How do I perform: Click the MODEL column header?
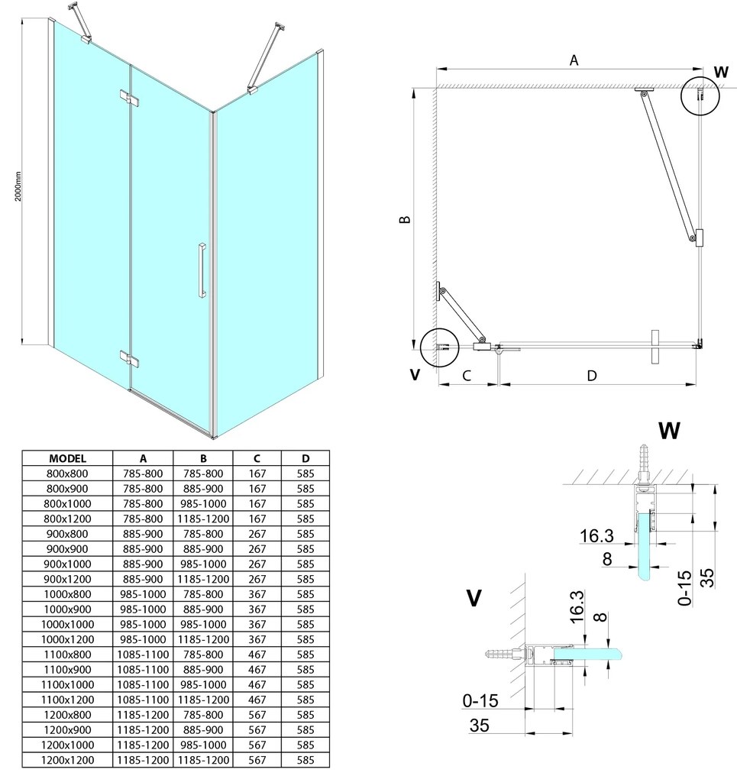coord(67,459)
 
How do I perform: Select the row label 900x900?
coord(67,549)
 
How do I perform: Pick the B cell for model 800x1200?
coord(204,519)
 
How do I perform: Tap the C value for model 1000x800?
coord(258,594)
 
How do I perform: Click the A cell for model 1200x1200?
coord(143,759)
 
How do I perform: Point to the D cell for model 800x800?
coord(305,474)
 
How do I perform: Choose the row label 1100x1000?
coord(67,684)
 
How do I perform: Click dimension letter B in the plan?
coord(406,219)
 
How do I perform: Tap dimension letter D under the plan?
coord(591,375)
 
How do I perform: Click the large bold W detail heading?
coord(668,431)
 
